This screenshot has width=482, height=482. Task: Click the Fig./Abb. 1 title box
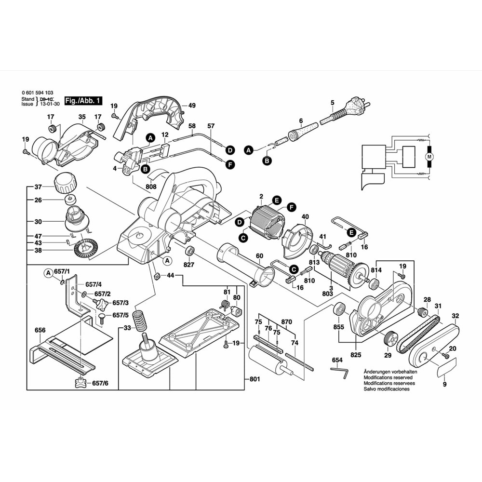click(x=84, y=101)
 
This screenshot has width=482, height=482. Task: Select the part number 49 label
click(x=192, y=106)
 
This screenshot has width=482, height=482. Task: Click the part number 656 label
click(x=40, y=330)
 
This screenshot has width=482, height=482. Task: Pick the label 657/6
click(x=100, y=383)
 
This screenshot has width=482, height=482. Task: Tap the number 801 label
click(x=255, y=379)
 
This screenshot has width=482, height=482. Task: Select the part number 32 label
click(x=455, y=316)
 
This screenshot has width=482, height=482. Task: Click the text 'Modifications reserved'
click(x=389, y=377)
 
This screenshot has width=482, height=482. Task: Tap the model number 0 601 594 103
click(x=38, y=93)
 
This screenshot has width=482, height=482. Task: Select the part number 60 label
click(x=259, y=255)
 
